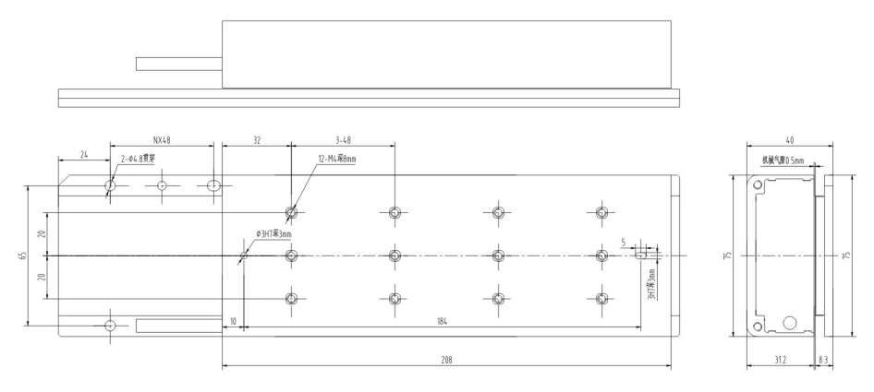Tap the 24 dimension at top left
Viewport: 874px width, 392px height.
(x=84, y=153)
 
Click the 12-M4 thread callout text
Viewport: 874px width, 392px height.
(x=337, y=159)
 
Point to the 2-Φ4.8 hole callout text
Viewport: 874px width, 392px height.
(x=139, y=159)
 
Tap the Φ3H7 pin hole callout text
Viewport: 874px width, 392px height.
(x=273, y=234)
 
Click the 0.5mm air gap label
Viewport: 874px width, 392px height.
(x=783, y=160)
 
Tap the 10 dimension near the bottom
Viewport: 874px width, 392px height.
(x=232, y=322)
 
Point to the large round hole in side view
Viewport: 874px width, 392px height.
(x=790, y=323)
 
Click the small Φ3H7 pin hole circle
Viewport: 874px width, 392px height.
(x=244, y=255)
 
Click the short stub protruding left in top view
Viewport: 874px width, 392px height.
(x=178, y=64)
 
